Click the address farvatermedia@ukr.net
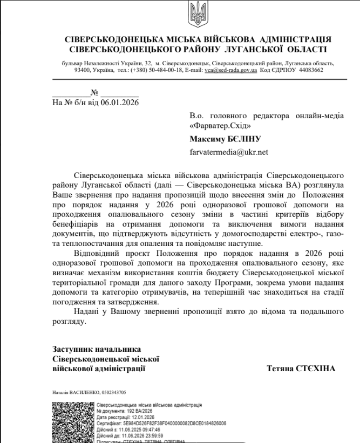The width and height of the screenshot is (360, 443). coord(229,152)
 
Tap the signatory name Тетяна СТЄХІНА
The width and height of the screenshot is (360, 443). coord(301,369)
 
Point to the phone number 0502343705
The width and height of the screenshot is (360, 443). coord(112,392)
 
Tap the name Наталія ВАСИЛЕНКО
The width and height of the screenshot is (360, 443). coord(72,392)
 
